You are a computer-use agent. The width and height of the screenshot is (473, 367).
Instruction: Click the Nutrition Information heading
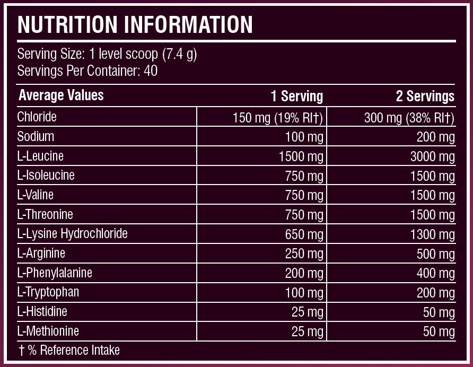[x=135, y=24]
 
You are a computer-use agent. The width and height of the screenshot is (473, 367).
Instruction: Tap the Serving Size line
[x=107, y=54]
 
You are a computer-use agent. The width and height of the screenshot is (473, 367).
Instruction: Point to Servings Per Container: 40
[x=87, y=71]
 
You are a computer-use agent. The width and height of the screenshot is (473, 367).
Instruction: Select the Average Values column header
[x=61, y=95]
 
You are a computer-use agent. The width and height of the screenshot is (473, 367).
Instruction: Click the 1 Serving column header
[x=296, y=96]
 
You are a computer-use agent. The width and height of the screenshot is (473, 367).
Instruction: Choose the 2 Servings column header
[x=425, y=96]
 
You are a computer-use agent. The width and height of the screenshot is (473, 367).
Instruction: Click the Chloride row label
[x=37, y=116]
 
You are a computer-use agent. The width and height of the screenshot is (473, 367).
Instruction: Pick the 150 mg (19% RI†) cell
[x=278, y=117]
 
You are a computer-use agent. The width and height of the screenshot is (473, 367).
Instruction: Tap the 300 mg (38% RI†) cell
[x=409, y=117]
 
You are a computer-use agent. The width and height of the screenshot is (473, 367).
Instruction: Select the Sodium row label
[x=36, y=136]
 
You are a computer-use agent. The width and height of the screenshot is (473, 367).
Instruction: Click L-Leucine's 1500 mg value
[x=301, y=156]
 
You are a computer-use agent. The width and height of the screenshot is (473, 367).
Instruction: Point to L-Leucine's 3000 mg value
[x=432, y=156]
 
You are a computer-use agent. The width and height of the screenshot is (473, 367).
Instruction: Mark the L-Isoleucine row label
[x=46, y=175]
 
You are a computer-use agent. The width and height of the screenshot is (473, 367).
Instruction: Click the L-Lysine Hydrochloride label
[x=72, y=233]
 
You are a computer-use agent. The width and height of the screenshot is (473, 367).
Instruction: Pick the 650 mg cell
[x=304, y=234]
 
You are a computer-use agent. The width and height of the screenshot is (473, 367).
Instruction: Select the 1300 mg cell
[x=432, y=234]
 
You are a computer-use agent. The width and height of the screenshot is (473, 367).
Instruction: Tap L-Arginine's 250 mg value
[x=304, y=254]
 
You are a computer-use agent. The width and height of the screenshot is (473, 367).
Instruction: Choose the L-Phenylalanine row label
[x=55, y=273]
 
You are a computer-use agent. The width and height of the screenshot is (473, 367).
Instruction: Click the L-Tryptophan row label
[x=48, y=292]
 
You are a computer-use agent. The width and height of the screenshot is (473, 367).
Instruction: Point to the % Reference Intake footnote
[x=68, y=350]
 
